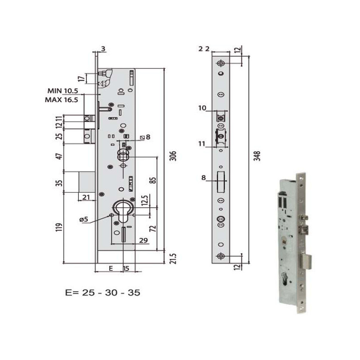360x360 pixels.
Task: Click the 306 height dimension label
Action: click(174, 156)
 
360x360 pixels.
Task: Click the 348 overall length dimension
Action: click(257, 156)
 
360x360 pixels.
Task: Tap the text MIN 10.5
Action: click(63, 91)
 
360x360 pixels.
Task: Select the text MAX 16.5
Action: click(61, 100)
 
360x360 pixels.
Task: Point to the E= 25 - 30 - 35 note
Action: click(103, 293)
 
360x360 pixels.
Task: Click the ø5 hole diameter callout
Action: click(84, 219)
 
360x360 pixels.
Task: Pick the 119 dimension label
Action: click(59, 227)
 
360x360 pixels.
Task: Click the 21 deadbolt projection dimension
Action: click(86, 197)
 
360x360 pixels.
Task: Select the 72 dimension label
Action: click(153, 229)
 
